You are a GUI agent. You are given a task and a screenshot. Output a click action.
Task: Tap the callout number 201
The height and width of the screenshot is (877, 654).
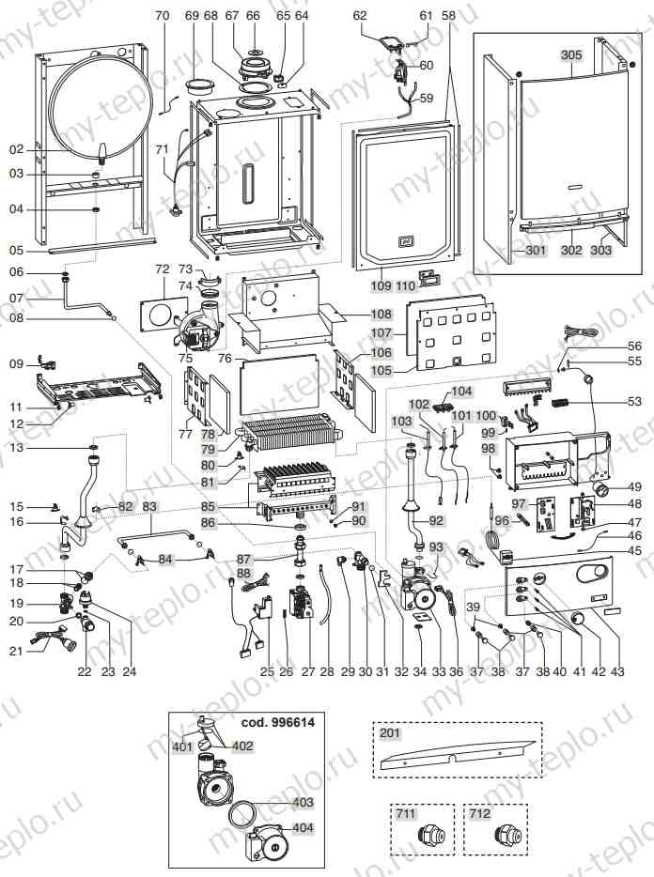coord(389,733)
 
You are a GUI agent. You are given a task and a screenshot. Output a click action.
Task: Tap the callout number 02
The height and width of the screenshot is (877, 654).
coord(16,149)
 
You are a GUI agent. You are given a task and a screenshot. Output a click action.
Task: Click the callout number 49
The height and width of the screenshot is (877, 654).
coord(634,486)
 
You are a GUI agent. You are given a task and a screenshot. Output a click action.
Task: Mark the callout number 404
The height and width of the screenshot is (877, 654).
coord(303,829)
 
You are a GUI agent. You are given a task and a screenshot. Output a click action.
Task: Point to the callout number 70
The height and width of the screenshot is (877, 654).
coord(162,16)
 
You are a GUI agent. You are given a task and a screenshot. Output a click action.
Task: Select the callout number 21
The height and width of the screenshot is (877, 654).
coord(16,651)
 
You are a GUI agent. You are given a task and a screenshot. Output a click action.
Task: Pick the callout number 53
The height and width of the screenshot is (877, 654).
coord(634,402)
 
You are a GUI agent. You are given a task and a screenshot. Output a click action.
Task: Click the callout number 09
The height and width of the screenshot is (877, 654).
coord(16,363)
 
